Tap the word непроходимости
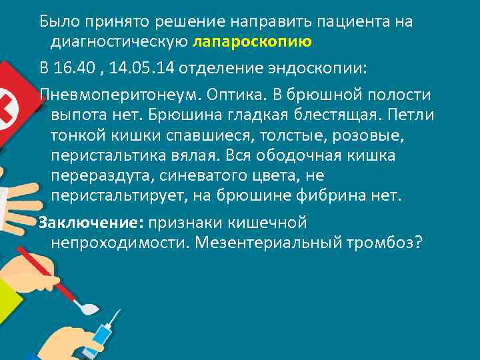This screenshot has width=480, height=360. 120,241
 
